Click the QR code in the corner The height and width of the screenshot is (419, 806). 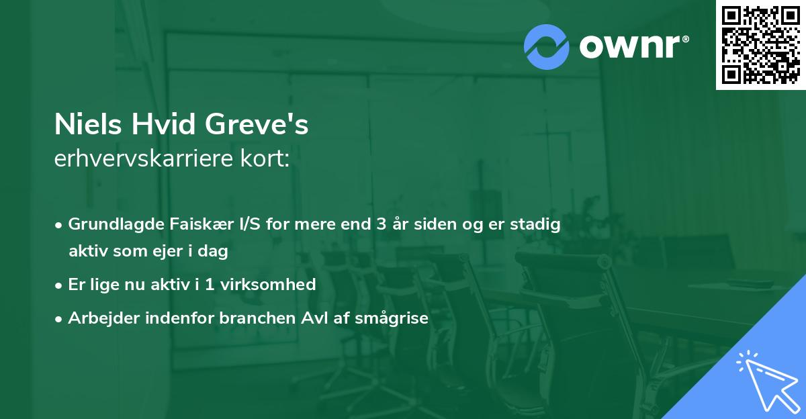pos(761,44)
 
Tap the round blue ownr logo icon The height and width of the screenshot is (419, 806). pos(547,47)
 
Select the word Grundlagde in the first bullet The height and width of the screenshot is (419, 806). pos(109,224)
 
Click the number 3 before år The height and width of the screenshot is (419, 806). pos(379,224)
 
